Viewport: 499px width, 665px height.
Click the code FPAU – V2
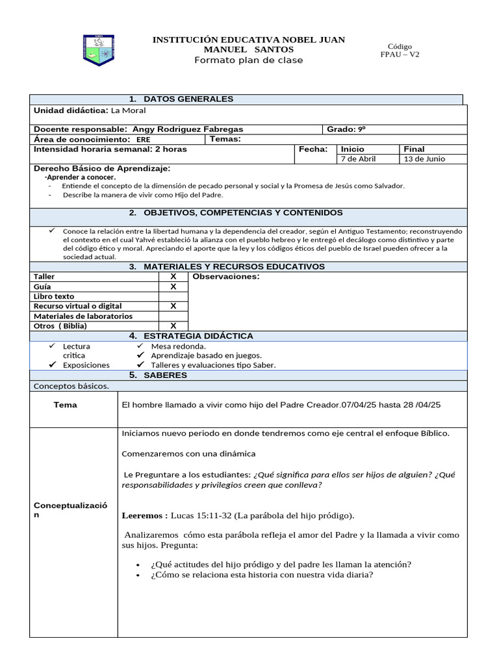pyautogui.click(x=400, y=55)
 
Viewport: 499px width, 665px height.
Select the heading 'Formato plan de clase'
pyautogui.click(x=248, y=60)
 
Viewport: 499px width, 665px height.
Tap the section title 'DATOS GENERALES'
pyautogui.click(x=188, y=99)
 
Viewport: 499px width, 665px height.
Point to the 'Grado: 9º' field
pyautogui.click(x=350, y=129)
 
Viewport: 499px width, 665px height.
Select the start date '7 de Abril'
pyautogui.click(x=358, y=158)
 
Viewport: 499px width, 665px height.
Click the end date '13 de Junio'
pyautogui.click(x=424, y=158)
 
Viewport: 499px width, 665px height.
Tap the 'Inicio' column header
pyautogui.click(x=353, y=149)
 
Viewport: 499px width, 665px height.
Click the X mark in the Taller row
pyautogui.click(x=173, y=277)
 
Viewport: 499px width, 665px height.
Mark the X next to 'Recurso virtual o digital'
pyautogui.click(x=173, y=306)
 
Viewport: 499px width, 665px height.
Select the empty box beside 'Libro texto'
pyautogui.click(x=173, y=296)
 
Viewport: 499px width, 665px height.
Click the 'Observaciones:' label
pyautogui.click(x=225, y=277)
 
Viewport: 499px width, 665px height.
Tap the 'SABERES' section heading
pyautogui.click(x=165, y=375)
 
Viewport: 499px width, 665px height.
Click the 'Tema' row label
pyautogui.click(x=66, y=405)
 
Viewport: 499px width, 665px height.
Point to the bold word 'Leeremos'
pyautogui.click(x=145, y=516)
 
